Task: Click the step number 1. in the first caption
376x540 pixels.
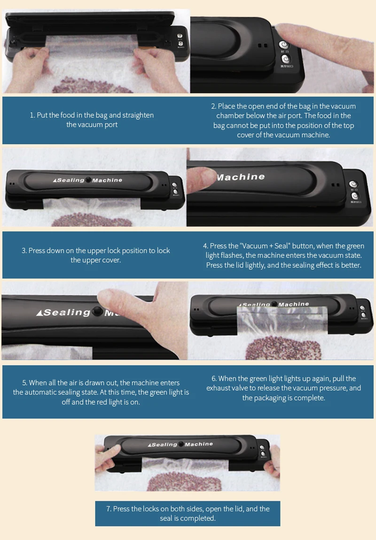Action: pyautogui.click(x=32, y=115)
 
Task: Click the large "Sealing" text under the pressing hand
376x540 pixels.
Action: pyautogui.click(x=66, y=312)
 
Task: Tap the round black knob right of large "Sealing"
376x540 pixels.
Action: pyautogui.click(x=97, y=311)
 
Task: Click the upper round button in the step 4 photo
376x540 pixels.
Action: pyautogui.click(x=354, y=184)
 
